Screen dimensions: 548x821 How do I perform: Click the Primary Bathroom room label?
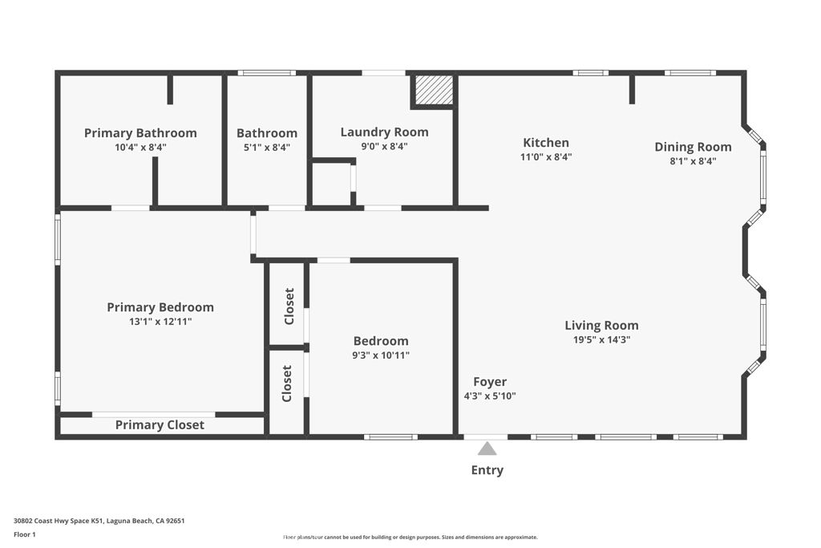[140, 133]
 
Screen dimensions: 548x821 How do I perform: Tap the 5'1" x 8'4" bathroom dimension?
[266, 148]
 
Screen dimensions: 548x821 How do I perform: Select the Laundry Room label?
[384, 132]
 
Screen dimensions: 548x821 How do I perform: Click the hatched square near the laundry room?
[434, 90]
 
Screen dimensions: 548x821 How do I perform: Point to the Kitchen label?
[546, 143]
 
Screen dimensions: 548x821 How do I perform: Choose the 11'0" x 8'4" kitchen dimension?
[546, 157]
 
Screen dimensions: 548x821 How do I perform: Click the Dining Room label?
[693, 147]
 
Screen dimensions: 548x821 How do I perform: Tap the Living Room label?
[601, 325]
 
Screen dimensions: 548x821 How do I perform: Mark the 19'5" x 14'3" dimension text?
[601, 339]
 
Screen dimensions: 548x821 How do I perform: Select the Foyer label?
[490, 382]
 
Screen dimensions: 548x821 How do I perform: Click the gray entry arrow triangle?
[487, 449]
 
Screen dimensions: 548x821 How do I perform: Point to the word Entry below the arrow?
[487, 470]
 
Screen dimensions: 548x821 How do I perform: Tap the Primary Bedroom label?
[160, 307]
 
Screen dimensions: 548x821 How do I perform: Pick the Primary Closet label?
[160, 425]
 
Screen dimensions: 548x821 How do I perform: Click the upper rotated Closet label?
[288, 306]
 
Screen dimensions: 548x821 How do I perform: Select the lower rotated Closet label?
[287, 384]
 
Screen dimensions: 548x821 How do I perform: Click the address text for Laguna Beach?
[99, 521]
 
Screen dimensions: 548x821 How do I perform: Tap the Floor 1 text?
[25, 534]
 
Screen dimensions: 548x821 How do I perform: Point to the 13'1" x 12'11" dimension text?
[160, 322]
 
